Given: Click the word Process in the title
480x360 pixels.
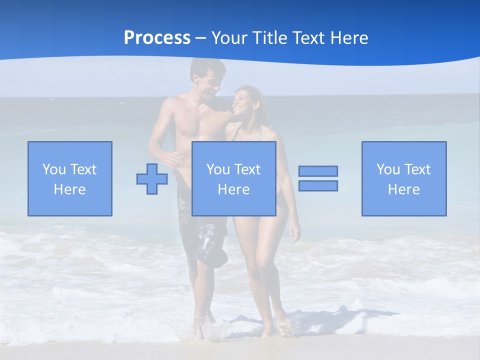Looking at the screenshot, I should (x=157, y=38).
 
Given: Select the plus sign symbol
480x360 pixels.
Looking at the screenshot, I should (x=152, y=178).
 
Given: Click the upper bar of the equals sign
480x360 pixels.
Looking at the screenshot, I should (x=318, y=171).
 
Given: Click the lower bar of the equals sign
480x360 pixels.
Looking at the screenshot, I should (x=318, y=185).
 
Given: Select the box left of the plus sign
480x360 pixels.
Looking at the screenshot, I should (x=70, y=178).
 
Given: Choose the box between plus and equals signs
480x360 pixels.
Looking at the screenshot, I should (x=234, y=178).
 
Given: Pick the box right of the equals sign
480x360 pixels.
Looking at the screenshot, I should (x=404, y=178).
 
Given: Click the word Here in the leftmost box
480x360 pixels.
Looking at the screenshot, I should (x=70, y=189).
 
